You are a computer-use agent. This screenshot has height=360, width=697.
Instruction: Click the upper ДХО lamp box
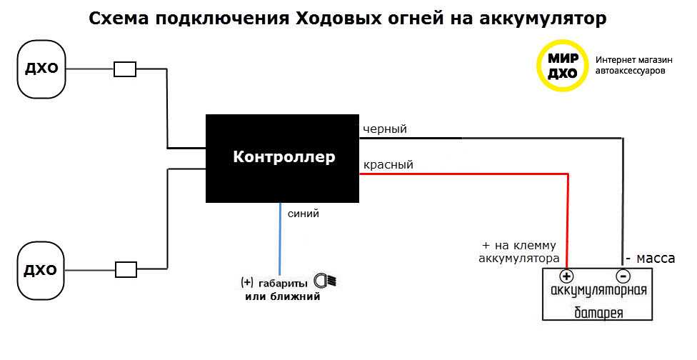click(x=41, y=69)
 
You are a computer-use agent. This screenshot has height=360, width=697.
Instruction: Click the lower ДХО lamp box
click(x=41, y=271)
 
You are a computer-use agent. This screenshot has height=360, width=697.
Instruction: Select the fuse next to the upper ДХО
click(x=125, y=69)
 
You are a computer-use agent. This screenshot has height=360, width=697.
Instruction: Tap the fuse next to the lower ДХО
click(x=126, y=270)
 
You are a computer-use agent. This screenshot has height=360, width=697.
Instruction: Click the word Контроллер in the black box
click(x=284, y=157)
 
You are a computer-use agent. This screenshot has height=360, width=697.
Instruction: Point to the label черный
click(x=385, y=129)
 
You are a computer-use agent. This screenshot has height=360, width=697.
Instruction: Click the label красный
click(x=388, y=165)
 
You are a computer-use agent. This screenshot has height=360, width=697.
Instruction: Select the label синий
click(x=304, y=214)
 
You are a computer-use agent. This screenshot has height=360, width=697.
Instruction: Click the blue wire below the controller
click(x=280, y=239)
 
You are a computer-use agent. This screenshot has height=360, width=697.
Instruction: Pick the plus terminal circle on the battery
click(x=566, y=276)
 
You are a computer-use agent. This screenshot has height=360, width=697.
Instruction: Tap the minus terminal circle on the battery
click(x=623, y=276)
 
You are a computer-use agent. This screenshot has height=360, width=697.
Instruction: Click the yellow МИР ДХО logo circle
click(x=563, y=66)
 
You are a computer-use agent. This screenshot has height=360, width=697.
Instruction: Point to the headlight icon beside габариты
click(x=325, y=281)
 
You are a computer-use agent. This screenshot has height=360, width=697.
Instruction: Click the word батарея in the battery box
click(x=598, y=312)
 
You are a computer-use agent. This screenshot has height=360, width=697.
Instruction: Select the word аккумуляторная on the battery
click(x=598, y=291)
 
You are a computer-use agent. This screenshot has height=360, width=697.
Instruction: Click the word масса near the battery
click(x=656, y=259)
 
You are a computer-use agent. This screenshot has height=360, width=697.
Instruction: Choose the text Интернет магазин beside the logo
click(x=634, y=60)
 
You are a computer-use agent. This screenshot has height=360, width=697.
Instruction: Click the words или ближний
click(x=283, y=296)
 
